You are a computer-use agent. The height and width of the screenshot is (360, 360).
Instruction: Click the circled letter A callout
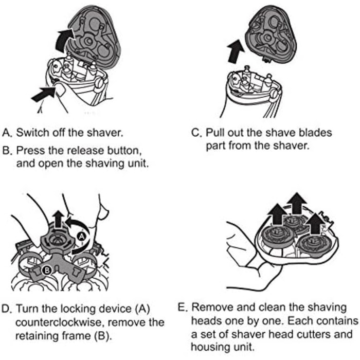[x=82, y=236]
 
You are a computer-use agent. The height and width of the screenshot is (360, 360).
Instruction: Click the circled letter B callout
[x=47, y=270]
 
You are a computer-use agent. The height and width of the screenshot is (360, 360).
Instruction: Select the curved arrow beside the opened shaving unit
[x=64, y=39]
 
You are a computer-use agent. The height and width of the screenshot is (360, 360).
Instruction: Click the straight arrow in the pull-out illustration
[x=236, y=51]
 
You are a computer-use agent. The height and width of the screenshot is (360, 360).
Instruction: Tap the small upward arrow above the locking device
[x=58, y=219]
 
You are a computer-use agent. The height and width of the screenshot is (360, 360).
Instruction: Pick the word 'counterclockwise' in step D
[x=58, y=322]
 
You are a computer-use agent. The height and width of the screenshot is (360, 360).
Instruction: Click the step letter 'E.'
[x=183, y=308]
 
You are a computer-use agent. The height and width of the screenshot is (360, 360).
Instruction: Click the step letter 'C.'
[x=196, y=133]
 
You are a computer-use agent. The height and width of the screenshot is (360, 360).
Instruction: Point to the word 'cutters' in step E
[x=312, y=334]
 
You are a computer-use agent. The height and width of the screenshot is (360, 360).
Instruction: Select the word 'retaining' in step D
[x=37, y=336]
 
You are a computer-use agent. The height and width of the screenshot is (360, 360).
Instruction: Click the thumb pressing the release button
[x=60, y=91]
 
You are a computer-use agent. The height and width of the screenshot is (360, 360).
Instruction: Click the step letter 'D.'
[x=6, y=309]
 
